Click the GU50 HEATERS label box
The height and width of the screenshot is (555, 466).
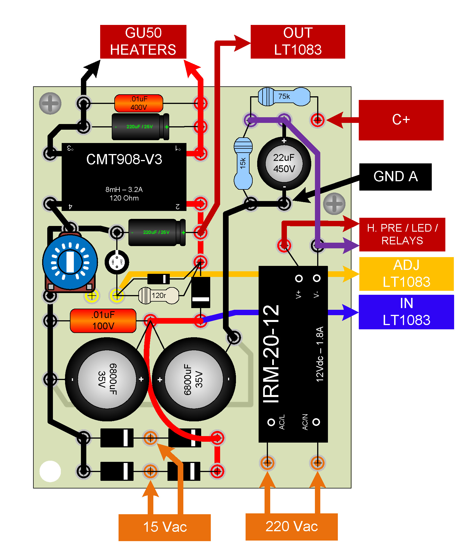click(x=143, y=42)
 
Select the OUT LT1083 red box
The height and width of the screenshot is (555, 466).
click(x=298, y=42)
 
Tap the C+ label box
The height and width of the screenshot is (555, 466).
click(x=401, y=120)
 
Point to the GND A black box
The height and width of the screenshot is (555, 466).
click(x=395, y=177)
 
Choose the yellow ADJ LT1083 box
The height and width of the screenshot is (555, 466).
click(x=406, y=274)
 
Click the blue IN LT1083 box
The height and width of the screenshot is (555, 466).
click(x=406, y=312)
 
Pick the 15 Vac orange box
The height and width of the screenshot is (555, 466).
click(x=165, y=527)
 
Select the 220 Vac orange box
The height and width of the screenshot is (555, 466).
click(x=291, y=527)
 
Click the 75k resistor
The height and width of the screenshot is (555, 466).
click(x=284, y=97)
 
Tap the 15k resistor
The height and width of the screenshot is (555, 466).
click(x=243, y=163)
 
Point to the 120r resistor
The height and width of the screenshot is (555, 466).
click(x=158, y=296)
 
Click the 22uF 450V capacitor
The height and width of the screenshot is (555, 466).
click(x=284, y=163)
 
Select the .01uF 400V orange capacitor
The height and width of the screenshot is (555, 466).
click(x=139, y=103)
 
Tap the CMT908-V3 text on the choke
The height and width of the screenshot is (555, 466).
click(x=124, y=159)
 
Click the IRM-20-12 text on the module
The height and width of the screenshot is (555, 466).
click(x=271, y=354)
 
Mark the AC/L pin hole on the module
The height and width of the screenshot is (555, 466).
click(x=271, y=422)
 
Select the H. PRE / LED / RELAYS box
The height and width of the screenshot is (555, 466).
click(x=402, y=234)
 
